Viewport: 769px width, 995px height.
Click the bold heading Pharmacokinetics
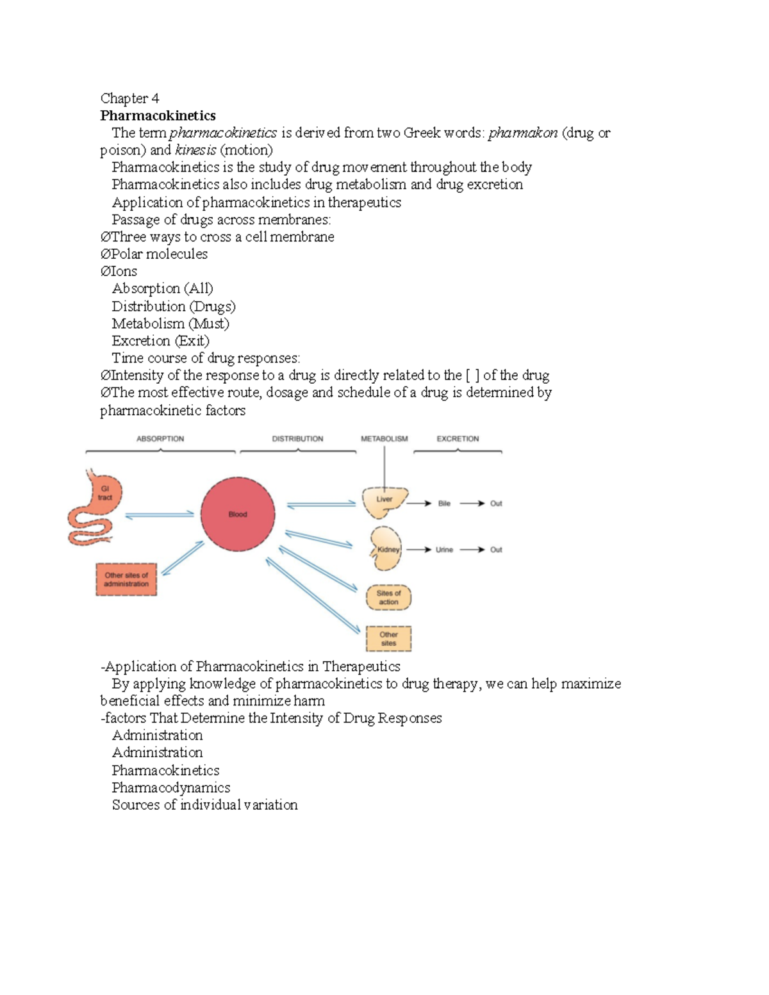click(158, 116)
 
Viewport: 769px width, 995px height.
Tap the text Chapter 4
click(129, 98)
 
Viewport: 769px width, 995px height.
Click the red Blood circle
click(238, 514)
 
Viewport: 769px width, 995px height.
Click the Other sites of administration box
click(126, 579)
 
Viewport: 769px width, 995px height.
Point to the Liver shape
click(383, 502)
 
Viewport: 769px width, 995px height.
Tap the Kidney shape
click(386, 549)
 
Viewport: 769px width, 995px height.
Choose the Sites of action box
click(388, 597)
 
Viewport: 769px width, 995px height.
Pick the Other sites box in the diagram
click(388, 638)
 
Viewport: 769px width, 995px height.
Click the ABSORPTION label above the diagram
click(160, 439)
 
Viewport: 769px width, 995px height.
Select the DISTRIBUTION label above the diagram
click(297, 439)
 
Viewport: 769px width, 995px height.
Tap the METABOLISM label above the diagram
click(384, 439)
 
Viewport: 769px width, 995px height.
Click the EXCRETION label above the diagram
click(458, 439)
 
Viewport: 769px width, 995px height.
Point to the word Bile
click(444, 504)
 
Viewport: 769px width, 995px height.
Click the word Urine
click(444, 550)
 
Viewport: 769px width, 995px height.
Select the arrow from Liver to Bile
click(418, 504)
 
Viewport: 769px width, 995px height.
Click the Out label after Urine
click(496, 550)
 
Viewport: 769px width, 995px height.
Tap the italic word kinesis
click(195, 151)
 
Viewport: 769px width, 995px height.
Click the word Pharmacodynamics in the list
click(170, 787)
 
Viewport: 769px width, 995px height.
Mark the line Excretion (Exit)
click(160, 341)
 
